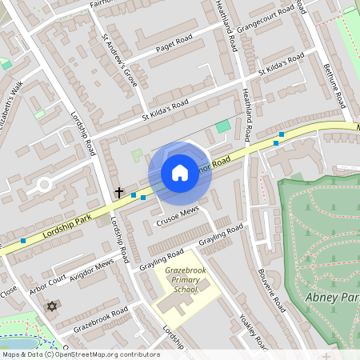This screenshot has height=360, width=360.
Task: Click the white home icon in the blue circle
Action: pyautogui.click(x=180, y=173)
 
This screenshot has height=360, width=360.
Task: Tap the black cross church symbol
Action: pyautogui.click(x=119, y=193)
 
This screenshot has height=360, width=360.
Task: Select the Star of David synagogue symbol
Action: pyautogui.click(x=54, y=306)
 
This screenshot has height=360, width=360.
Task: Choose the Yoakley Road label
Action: pyautogui.click(x=252, y=330)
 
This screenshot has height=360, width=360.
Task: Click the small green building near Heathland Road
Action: pyautogui.click(x=222, y=126)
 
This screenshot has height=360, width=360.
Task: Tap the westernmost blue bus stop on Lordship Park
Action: pyautogui.click(x=23, y=240)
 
